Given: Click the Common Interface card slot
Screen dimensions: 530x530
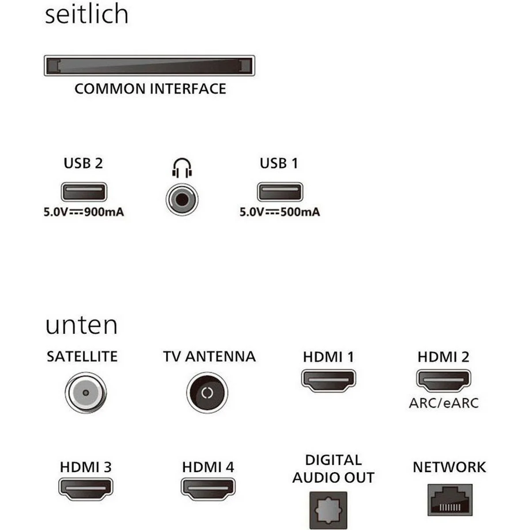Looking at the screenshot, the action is pos(149,65).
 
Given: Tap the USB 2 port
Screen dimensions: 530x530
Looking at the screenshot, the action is pos(84,192).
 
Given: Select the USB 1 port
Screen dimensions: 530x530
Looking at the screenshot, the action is pos(280,192).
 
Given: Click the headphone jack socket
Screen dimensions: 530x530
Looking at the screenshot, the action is pos(182,199).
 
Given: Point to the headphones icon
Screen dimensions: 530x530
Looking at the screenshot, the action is pos(182,167).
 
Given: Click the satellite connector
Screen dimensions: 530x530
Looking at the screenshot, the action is pos(86,393).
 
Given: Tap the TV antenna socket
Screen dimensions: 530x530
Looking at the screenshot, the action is pos(207,393).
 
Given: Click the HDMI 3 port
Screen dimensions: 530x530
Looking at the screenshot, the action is pos(86,489).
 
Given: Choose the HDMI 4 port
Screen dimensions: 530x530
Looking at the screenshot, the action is pos(208,489).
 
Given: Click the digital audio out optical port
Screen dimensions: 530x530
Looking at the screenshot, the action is pos(329,510).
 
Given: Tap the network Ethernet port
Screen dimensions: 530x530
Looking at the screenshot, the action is pos(450,500).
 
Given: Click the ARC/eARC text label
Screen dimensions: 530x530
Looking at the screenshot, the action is pos(443,403).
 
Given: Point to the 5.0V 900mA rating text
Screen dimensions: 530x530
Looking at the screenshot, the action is pos(84,212).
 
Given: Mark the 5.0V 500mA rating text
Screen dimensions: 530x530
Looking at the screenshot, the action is pos(280,212).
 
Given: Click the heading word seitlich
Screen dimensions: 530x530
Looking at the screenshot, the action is pos(87,14).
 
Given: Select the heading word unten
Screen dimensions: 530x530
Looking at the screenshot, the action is pos(82,326).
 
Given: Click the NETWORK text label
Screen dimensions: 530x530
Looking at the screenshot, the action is pos(450,467).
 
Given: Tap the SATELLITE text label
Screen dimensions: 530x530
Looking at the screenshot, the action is pos(82,356).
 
